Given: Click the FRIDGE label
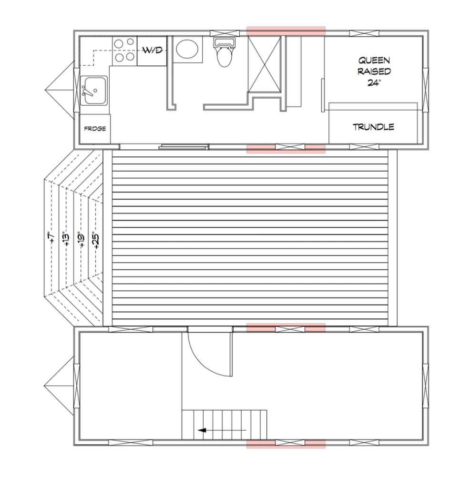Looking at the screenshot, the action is point(95,129).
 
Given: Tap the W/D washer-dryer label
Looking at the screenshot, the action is point(152,50).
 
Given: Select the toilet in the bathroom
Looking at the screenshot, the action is point(224,52).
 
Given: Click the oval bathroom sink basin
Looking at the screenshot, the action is point(187,49).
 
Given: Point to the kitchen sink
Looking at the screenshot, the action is point(94,90).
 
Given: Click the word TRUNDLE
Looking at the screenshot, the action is point(374,127).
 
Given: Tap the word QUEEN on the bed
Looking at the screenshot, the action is point(374,61).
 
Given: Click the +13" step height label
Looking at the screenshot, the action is point(66,239).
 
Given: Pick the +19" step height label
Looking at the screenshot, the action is point(81,240).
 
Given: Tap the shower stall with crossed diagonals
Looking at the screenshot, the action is point(265,64).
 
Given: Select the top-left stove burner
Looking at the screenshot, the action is point(118,43).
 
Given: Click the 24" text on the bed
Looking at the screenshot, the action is point(374,83).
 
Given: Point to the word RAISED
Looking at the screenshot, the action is point(374,71).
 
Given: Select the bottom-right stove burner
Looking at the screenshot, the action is point(130,57).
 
